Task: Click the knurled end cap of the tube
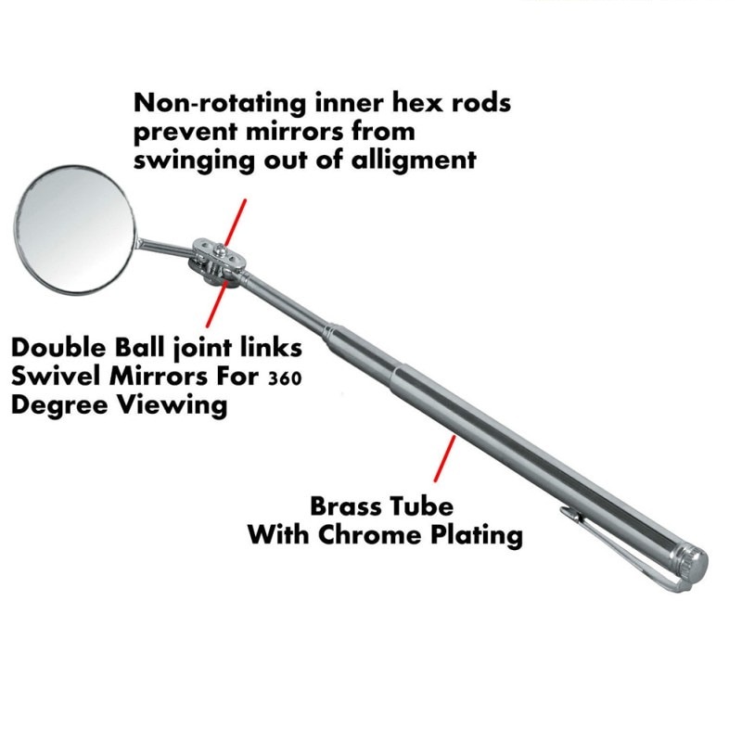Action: click(x=690, y=560)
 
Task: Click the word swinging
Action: click(x=196, y=160)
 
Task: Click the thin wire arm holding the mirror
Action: click(x=161, y=246)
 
